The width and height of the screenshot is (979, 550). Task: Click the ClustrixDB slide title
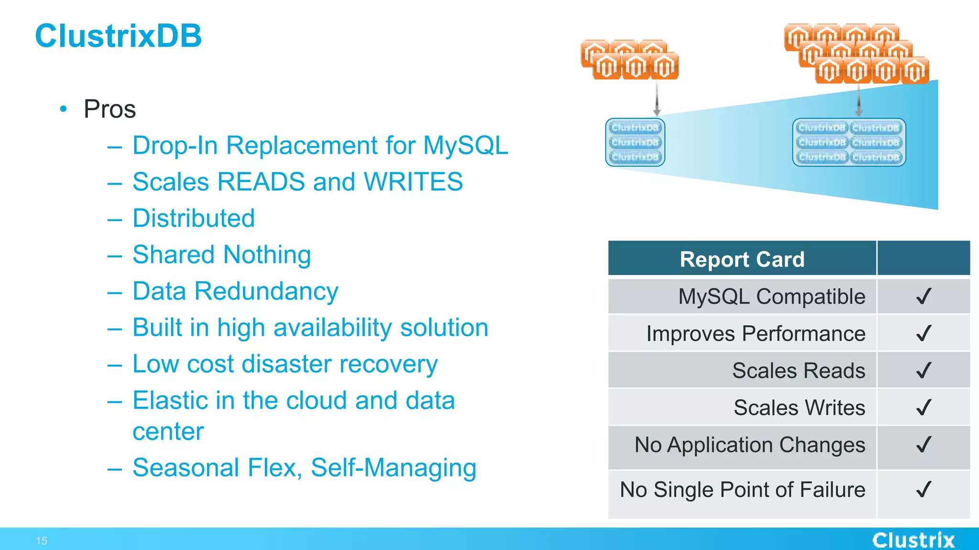coord(118,36)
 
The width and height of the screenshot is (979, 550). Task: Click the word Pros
coord(109,109)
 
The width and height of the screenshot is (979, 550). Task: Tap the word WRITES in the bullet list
coord(413,182)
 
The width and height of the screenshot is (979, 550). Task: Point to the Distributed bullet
coord(194,218)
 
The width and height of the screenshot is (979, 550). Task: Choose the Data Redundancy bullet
coord(235,291)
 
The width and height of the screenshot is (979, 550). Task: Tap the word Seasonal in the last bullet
coord(185,467)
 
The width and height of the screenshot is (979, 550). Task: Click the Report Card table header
coord(742,259)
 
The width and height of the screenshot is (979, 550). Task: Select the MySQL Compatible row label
coord(772,296)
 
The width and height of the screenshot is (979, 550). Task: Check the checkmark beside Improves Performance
coord(924,333)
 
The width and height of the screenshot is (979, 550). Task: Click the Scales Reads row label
coord(798,370)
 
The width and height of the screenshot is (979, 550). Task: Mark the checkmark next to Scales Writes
coord(924,408)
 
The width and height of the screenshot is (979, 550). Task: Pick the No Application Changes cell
coord(750,445)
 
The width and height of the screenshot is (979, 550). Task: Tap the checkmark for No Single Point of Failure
coord(924,489)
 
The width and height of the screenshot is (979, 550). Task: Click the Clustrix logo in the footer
coord(913,540)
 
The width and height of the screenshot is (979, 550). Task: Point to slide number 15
coord(42,541)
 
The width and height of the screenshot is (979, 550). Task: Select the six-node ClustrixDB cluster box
coord(849,142)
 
